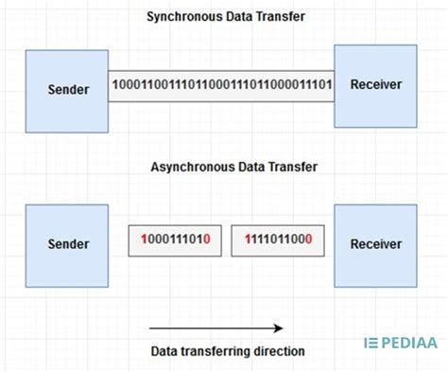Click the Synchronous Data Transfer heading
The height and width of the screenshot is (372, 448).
pyautogui.click(x=225, y=16)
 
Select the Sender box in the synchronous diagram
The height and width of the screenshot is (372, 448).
pyautogui.click(x=67, y=90)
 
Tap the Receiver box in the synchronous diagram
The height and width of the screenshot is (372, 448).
pyautogui.click(x=375, y=85)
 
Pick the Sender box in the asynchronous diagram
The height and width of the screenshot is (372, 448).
pyautogui.click(x=67, y=243)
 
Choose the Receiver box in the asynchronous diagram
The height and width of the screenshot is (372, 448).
pyautogui.click(x=375, y=243)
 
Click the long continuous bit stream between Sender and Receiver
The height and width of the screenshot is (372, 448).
pyautogui.click(x=221, y=86)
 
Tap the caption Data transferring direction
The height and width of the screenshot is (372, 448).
pyautogui.click(x=228, y=351)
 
